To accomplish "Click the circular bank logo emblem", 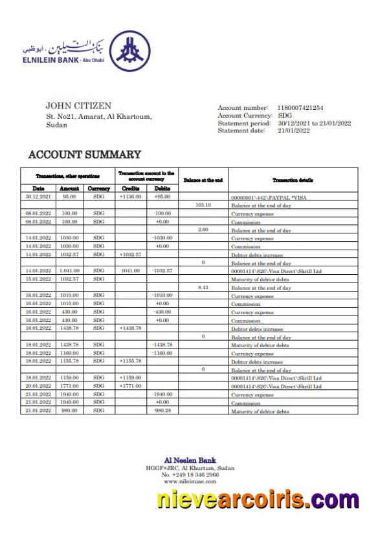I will click(129, 52).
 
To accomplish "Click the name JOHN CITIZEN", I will click(78, 105).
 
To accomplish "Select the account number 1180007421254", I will click(300, 108).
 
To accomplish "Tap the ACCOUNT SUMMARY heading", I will click(84, 155).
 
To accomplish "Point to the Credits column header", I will click(131, 189).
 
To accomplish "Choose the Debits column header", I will click(162, 189).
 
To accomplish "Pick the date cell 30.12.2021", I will click(38, 197).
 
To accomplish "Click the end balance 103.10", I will click(203, 205).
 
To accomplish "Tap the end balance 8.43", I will click(203, 287).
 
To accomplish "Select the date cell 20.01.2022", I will click(38, 386).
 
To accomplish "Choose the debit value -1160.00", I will click(162, 354).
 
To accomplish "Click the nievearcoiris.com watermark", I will click(258, 501).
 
